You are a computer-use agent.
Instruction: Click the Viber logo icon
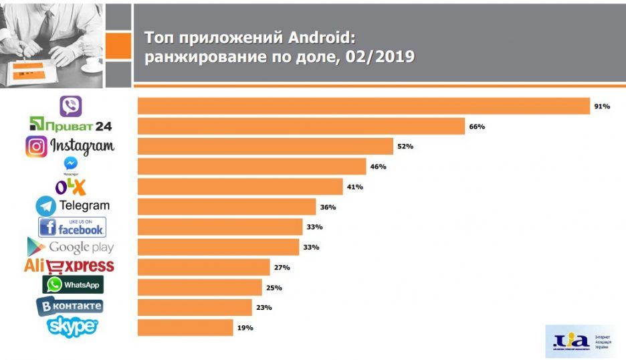click(x=70, y=106)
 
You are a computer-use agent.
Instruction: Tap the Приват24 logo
click(x=71, y=125)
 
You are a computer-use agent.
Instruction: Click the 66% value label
click(x=477, y=126)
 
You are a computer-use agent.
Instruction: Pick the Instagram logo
click(x=70, y=146)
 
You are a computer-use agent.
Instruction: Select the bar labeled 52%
click(x=265, y=147)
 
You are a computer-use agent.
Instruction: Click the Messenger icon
click(x=70, y=164)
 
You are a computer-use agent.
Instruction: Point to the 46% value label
click(x=378, y=167)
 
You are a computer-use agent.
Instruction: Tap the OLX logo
click(x=70, y=185)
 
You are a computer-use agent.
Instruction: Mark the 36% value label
click(x=328, y=207)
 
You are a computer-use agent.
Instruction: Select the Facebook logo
click(x=72, y=227)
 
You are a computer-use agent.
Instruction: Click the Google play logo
click(x=71, y=246)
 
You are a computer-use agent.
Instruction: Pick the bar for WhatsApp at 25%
click(x=199, y=288)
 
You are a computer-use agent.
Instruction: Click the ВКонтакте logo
click(x=70, y=306)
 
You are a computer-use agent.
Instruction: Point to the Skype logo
click(x=72, y=326)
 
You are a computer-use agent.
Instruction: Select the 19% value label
click(x=245, y=328)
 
